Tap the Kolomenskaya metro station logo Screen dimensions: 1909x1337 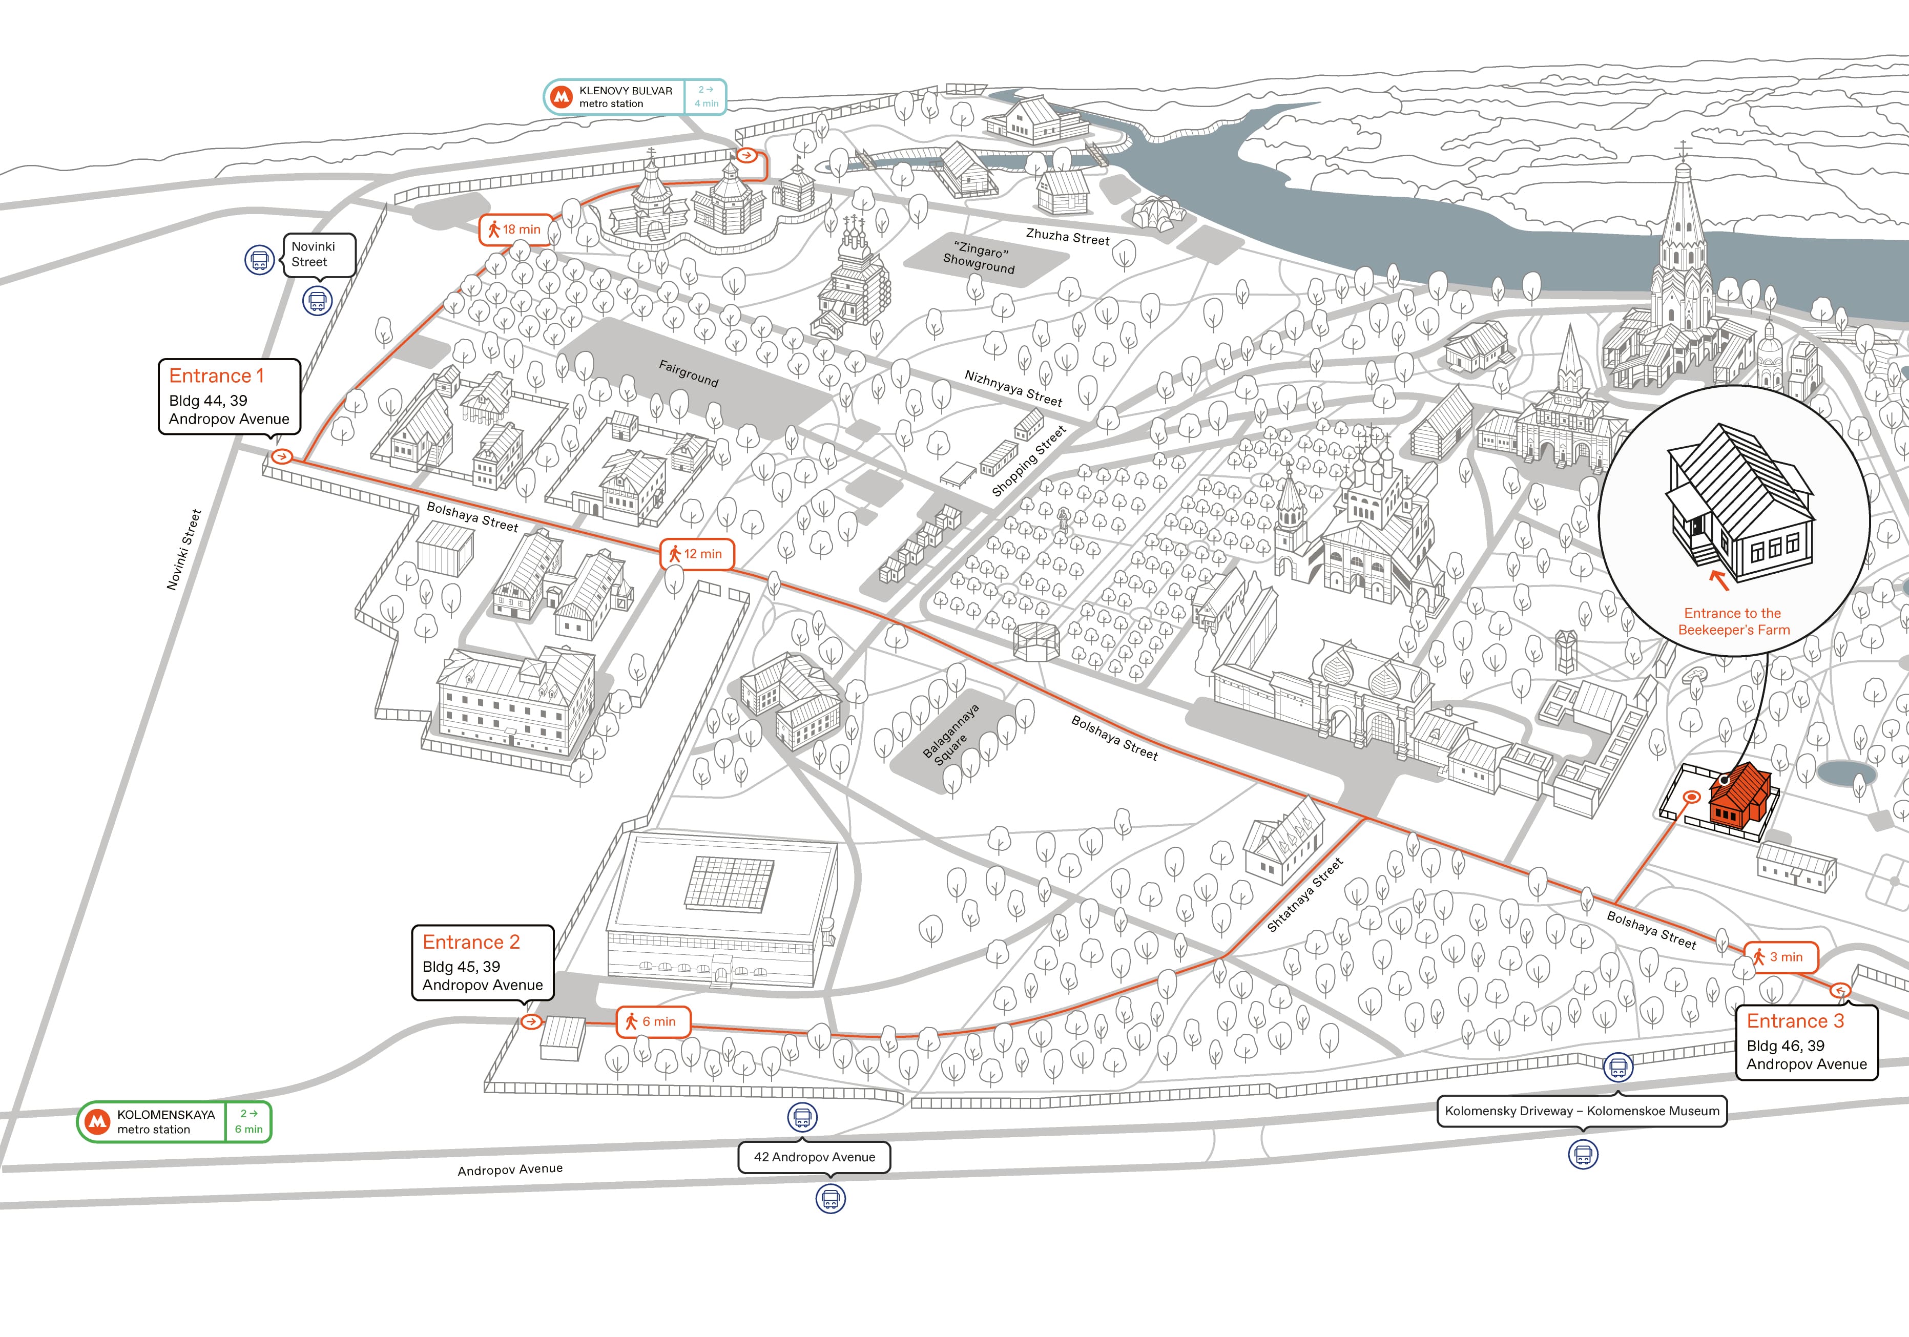[98, 1122]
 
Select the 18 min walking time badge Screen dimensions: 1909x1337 [515, 229]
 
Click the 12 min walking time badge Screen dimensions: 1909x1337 [697, 554]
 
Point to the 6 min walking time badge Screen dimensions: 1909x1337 [653, 1022]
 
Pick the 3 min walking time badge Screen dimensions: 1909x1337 [1780, 957]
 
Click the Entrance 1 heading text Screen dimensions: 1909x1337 [216, 376]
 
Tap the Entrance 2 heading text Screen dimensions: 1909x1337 [471, 942]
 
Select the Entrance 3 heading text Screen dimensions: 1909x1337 [1795, 1021]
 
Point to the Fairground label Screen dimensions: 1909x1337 [689, 373]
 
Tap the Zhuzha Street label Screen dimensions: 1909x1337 [1068, 237]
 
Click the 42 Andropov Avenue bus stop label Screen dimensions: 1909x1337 [814, 1157]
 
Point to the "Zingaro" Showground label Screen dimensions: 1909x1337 [980, 259]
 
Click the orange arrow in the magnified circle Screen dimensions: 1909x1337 [1719, 579]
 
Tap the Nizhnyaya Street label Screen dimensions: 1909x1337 [1013, 388]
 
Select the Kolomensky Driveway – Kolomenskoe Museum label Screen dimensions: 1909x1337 [1582, 1111]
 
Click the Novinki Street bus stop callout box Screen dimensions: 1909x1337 [319, 255]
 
